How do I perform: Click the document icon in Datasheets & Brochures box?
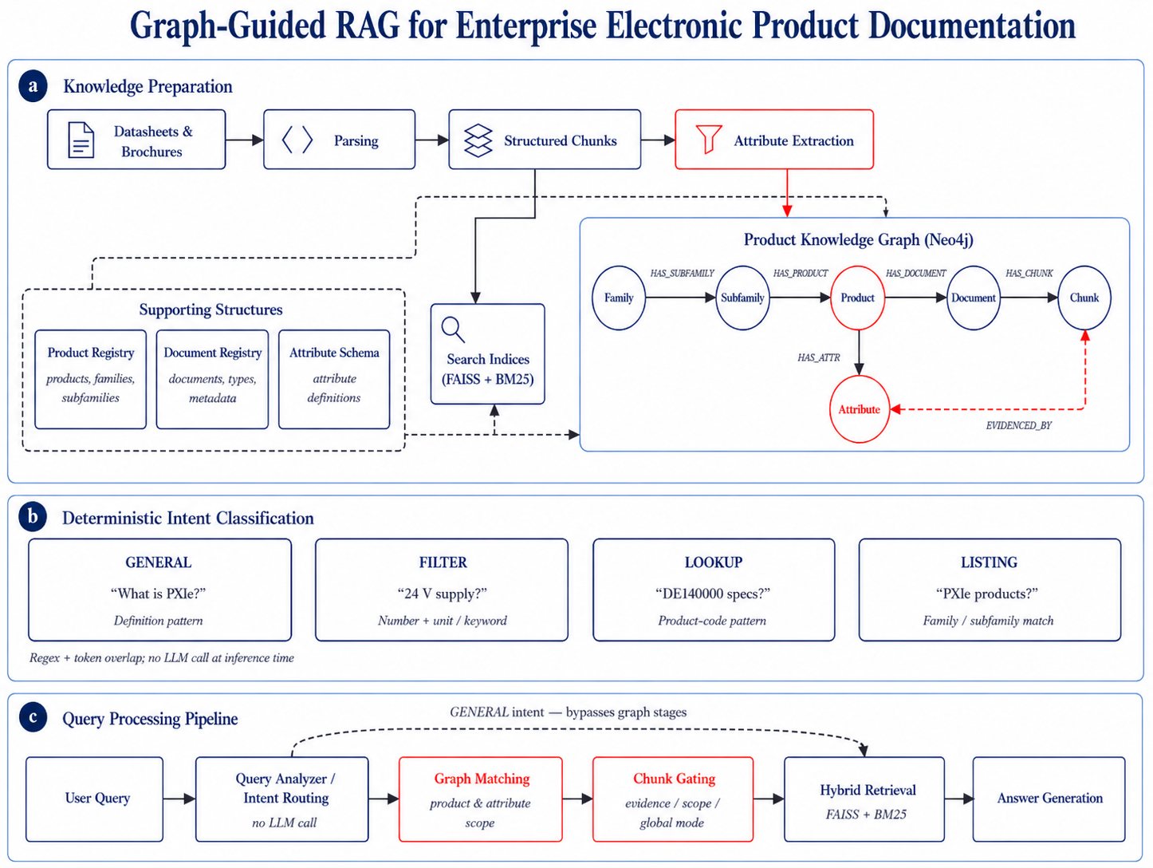pyautogui.click(x=81, y=140)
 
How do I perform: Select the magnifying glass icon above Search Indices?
pyautogui.click(x=453, y=329)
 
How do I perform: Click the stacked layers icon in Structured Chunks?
pyautogui.click(x=478, y=140)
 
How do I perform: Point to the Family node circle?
pyautogui.click(x=619, y=298)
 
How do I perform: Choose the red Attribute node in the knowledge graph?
pyautogui.click(x=859, y=409)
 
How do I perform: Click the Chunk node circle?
pyautogui.click(x=1084, y=298)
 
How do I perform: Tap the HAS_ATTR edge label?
pyautogui.click(x=818, y=358)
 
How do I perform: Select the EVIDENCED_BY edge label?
pyautogui.click(x=1018, y=425)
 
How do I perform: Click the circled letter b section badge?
pyautogui.click(x=33, y=517)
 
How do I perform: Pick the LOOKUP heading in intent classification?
pyautogui.click(x=714, y=562)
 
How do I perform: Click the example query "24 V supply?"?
pyautogui.click(x=443, y=594)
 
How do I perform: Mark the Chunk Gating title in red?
pyautogui.click(x=674, y=778)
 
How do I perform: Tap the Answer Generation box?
pyautogui.click(x=1049, y=799)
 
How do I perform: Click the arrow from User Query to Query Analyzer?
pyautogui.click(x=179, y=799)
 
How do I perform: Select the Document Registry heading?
pyautogui.click(x=213, y=353)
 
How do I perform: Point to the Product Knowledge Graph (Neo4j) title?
pyautogui.click(x=858, y=239)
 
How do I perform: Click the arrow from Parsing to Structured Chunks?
pyautogui.click(x=432, y=140)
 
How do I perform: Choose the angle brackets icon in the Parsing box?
pyautogui.click(x=297, y=140)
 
